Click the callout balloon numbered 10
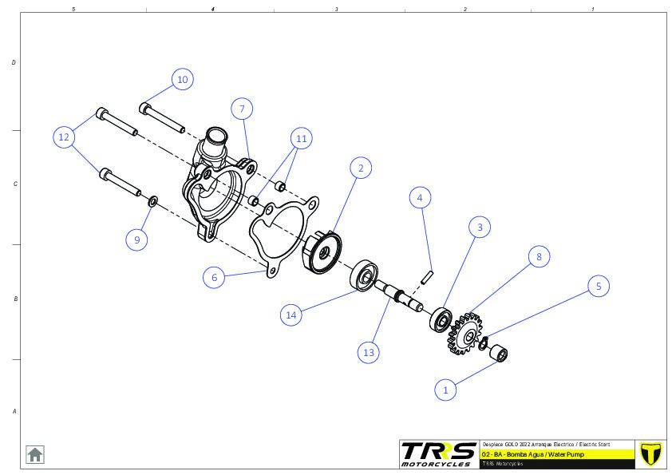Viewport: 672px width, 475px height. pos(182,80)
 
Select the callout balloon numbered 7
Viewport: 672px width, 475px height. pos(243,108)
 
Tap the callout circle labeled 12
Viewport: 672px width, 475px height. pos(65,137)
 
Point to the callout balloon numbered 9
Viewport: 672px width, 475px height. pos(136,239)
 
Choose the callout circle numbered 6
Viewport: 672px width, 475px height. pos(213,277)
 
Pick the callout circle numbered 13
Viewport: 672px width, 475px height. pos(368,352)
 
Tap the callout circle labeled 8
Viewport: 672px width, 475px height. pos(539,256)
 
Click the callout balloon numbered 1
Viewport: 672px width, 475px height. pos(445,390)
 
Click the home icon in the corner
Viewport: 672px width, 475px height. pos(35,454)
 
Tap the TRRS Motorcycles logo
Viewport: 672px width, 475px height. pos(437,453)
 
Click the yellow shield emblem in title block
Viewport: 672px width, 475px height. pos(651,453)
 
